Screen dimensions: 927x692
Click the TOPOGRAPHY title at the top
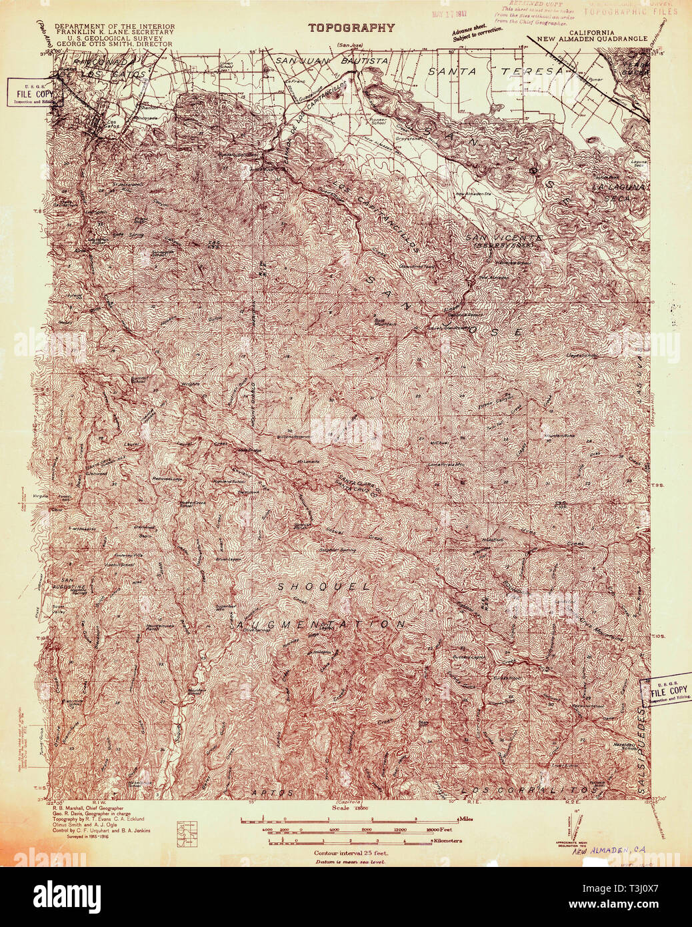351,28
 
